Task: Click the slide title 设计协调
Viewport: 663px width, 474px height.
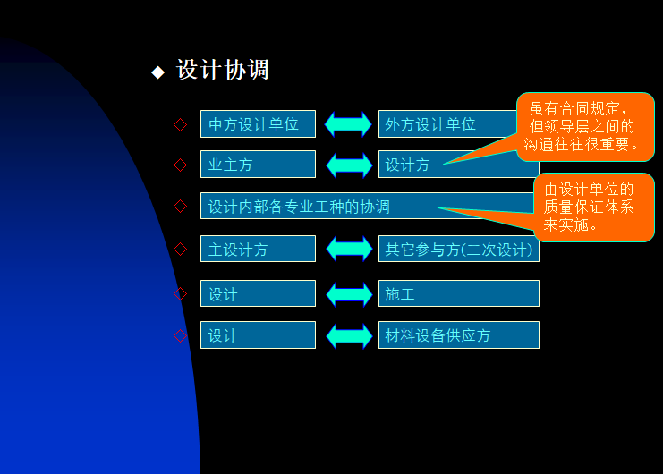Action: (223, 71)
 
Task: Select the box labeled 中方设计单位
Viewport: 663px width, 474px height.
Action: (258, 124)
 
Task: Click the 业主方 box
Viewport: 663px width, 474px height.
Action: (258, 165)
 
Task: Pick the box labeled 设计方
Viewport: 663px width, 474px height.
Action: (412, 165)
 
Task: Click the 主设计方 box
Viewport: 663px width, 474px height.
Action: (258, 250)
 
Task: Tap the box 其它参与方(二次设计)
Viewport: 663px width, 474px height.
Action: (458, 250)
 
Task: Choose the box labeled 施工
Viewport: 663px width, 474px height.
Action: (458, 293)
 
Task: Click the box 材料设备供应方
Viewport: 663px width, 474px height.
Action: (458, 335)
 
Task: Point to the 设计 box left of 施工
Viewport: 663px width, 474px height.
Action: (258, 293)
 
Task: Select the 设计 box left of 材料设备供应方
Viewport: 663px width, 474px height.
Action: (258, 335)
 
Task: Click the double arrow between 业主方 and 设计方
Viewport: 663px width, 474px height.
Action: (348, 165)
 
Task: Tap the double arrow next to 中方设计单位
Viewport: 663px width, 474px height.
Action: (348, 124)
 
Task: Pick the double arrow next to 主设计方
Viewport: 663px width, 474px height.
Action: (348, 249)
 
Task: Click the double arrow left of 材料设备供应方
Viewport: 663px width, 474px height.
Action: (348, 336)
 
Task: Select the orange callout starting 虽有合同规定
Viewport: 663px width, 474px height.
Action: (585, 126)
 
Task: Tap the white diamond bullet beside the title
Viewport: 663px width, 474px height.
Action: (158, 72)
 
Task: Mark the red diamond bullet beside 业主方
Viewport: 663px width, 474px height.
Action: (181, 165)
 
